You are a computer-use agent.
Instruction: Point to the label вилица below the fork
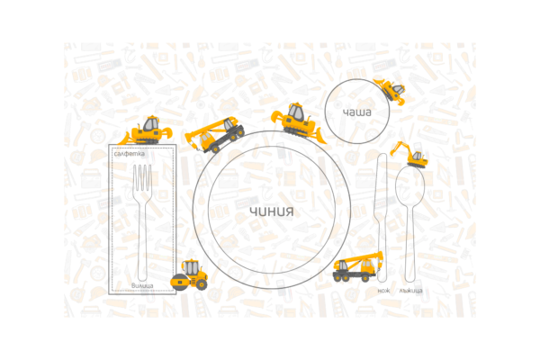pyautogui.click(x=142, y=286)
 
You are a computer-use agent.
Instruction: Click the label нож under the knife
pyautogui.click(x=383, y=290)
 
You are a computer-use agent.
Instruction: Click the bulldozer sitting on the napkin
pyautogui.click(x=148, y=131)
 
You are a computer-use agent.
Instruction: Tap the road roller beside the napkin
pyautogui.click(x=190, y=274)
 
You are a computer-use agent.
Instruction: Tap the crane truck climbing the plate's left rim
pyautogui.click(x=214, y=135)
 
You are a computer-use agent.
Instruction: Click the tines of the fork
pyautogui.click(x=142, y=179)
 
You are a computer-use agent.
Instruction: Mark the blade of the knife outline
pyautogui.click(x=382, y=189)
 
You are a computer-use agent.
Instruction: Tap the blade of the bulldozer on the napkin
pyautogui.click(x=166, y=135)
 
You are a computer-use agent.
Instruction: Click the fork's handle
pyautogui.click(x=142, y=243)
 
